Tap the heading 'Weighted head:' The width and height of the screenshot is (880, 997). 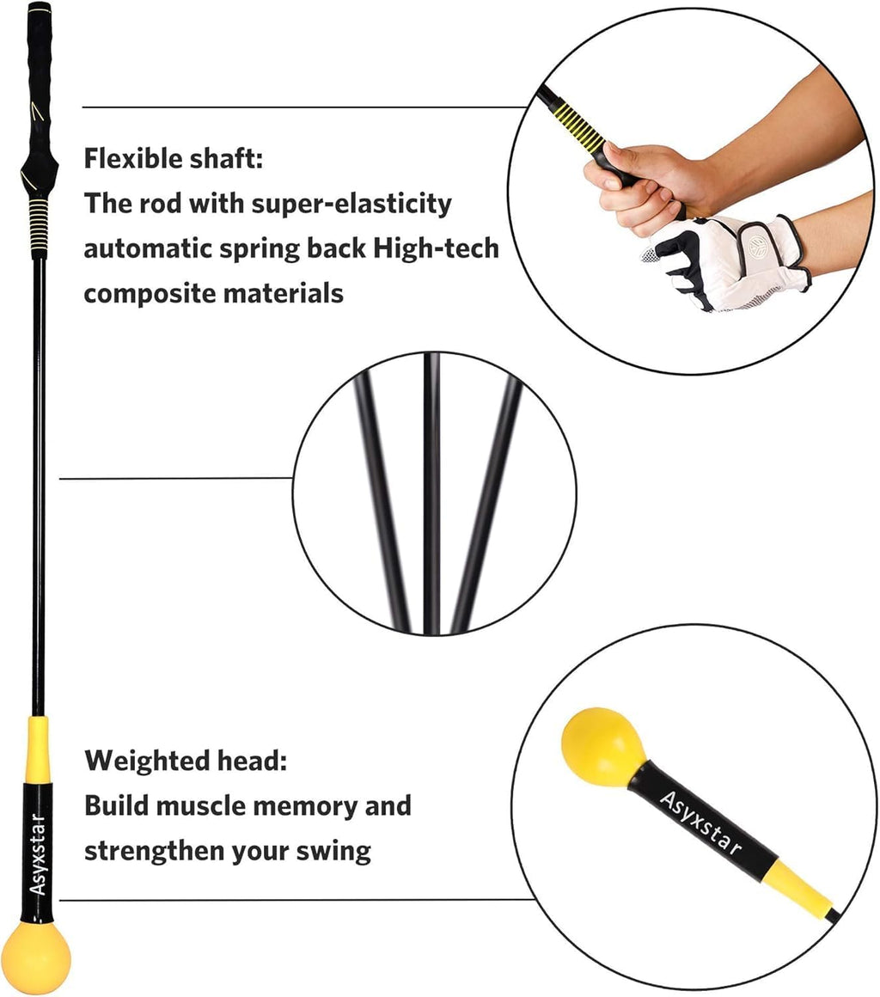coord(186,761)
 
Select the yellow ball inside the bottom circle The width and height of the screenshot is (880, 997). coord(603,746)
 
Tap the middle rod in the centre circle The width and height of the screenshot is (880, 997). coord(433,490)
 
